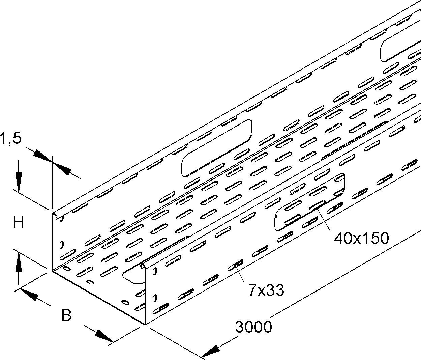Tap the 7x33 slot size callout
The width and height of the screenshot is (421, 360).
coord(266,291)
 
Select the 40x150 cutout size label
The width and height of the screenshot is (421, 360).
coord(362,239)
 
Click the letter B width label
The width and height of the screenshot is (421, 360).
coord(66,315)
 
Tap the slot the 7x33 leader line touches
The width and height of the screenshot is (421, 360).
coord(235,265)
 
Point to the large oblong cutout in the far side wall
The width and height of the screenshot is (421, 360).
coord(217,147)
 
